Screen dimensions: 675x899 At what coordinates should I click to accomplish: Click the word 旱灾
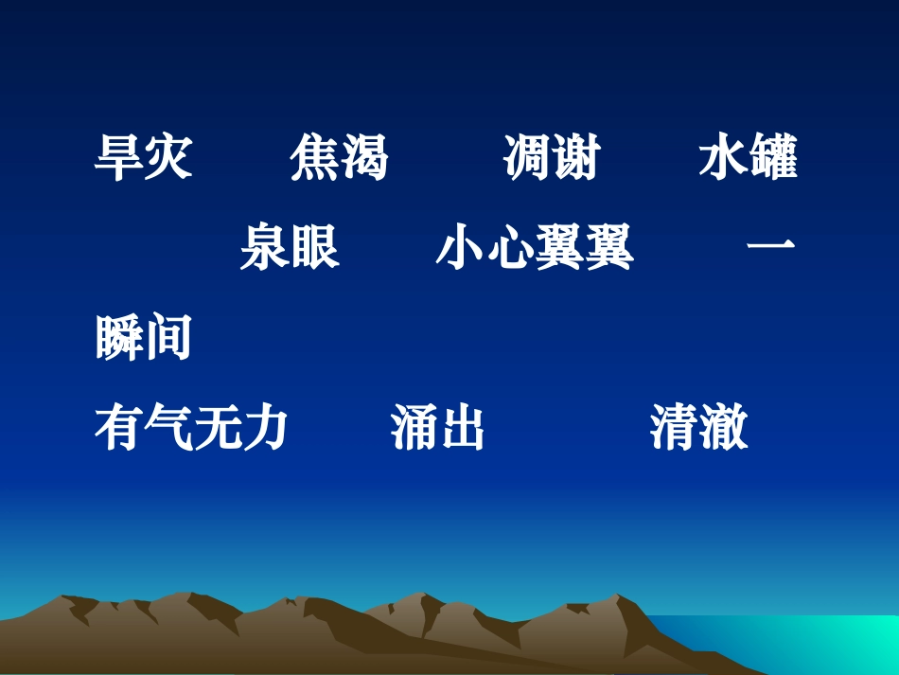coord(144,158)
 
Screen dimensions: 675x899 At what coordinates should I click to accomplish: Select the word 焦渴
coord(340,158)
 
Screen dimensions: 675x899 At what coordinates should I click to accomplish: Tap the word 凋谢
coord(552,158)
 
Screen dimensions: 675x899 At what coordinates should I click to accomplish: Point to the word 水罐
coord(748,158)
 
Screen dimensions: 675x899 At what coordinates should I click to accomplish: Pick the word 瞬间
coord(144,338)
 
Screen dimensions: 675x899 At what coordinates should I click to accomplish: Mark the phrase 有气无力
coord(192,428)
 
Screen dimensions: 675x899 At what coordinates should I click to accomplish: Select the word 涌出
coord(437,428)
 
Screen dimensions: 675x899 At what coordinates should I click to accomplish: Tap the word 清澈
coord(699,428)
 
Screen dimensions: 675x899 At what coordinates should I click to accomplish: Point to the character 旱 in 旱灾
coord(119,158)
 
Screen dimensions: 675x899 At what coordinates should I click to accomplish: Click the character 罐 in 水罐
coord(772,158)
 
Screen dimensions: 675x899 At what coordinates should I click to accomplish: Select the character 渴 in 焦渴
coord(364,158)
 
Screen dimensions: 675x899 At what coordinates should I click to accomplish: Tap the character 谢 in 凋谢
coord(576,158)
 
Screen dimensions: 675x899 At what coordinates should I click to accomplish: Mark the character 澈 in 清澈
coord(724,428)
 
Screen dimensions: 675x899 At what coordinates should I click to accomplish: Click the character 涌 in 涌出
coord(414,428)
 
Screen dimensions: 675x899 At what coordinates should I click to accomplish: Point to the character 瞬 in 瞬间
coord(119,338)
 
